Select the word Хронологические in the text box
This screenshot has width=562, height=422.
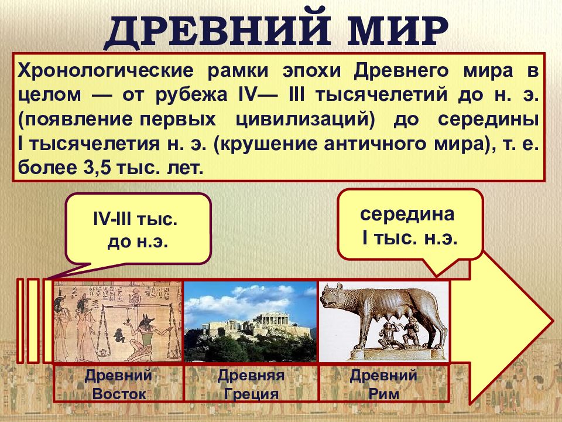pos(105,71)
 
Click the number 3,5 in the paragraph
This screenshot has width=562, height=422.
pos(96,168)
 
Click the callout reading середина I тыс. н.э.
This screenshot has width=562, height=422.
pos(410,224)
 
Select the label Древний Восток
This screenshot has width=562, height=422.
pos(119,384)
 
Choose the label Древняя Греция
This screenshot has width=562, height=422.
pos(251,384)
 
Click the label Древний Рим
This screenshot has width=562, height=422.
pos(383,384)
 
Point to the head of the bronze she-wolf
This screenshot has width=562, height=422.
pos(334,297)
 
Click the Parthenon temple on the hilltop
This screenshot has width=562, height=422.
pos(275,319)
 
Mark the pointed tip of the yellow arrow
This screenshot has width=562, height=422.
pos(552,319)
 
